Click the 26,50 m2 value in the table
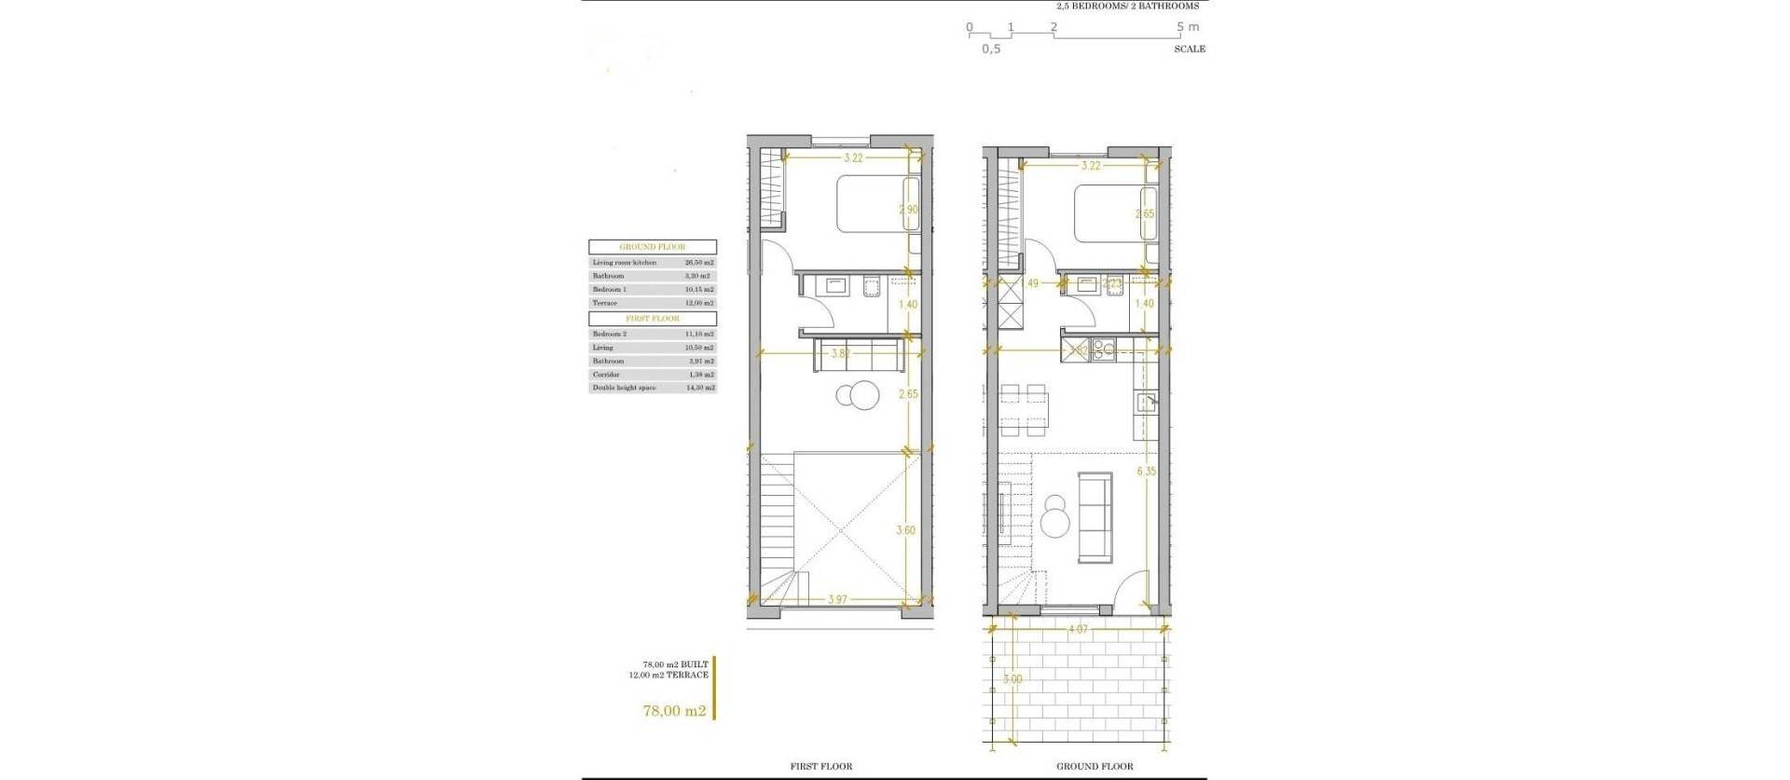(x=699, y=263)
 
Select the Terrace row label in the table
(x=604, y=303)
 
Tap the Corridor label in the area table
(x=606, y=375)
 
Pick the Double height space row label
(x=624, y=388)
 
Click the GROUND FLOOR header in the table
(x=652, y=247)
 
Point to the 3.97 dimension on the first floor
(x=837, y=600)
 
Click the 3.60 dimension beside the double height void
(x=905, y=530)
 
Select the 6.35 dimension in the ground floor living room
(x=1146, y=472)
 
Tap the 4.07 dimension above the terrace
(x=1077, y=630)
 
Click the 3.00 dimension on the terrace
(x=1013, y=679)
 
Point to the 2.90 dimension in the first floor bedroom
(x=908, y=211)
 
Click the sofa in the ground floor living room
(x=1095, y=517)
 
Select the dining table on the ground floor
(x=1024, y=408)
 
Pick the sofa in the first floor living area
(x=858, y=355)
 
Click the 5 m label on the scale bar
(x=1188, y=27)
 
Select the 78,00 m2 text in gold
(x=673, y=711)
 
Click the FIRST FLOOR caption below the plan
(x=821, y=767)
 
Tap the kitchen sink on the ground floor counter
(x=1145, y=403)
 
